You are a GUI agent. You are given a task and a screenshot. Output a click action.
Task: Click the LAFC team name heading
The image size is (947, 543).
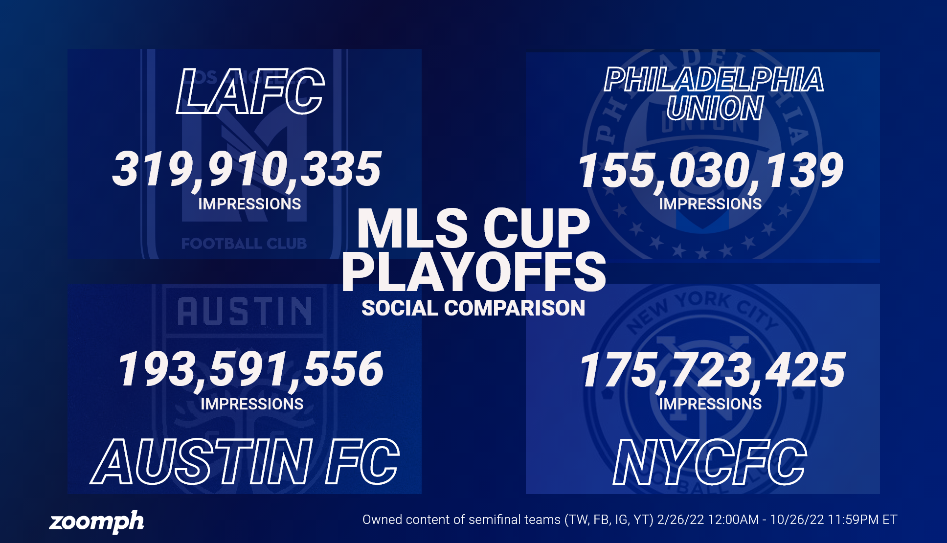coord(250,92)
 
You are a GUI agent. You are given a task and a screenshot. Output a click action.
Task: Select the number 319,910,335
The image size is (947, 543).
coord(247,169)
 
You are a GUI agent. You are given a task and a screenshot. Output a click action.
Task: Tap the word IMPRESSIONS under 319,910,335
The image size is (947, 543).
coord(249,204)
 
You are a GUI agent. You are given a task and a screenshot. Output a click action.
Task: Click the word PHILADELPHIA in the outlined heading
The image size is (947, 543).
coord(714,80)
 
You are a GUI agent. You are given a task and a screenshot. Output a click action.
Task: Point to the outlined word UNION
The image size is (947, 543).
coord(715,108)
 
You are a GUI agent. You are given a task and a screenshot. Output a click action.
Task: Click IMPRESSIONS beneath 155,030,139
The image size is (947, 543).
coord(710,204)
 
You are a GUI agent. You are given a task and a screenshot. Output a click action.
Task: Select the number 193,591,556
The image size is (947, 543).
coord(250,369)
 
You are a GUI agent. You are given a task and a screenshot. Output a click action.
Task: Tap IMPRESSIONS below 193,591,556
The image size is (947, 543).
coord(252,404)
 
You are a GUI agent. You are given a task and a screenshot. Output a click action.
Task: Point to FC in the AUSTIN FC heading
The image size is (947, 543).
coord(362,462)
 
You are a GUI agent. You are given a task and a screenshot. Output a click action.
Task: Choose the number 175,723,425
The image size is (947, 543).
coord(712,370)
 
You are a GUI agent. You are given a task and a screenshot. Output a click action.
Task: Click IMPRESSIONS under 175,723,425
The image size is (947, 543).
coord(710,404)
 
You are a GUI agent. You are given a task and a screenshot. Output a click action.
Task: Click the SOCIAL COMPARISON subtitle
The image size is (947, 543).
coord(473,308)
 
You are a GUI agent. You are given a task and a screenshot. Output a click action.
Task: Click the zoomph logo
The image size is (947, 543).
coord(97,521)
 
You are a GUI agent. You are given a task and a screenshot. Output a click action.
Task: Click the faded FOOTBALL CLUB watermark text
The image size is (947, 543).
coord(244,244)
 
